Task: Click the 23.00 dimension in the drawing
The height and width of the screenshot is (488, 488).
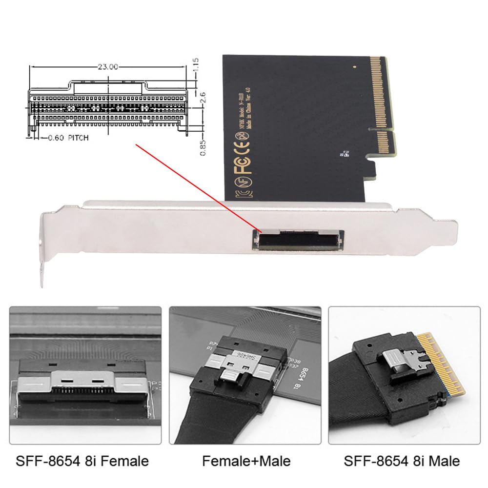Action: (x=106, y=67)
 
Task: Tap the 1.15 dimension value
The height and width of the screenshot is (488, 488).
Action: (x=196, y=64)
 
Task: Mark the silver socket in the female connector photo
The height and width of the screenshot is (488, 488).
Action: (x=81, y=384)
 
